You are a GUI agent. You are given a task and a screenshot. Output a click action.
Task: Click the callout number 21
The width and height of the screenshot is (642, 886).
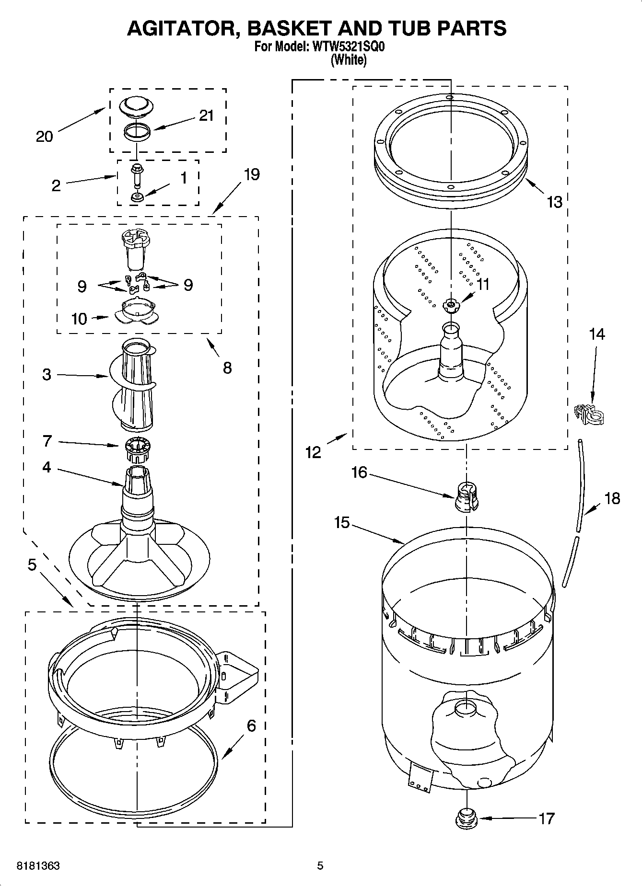(206, 116)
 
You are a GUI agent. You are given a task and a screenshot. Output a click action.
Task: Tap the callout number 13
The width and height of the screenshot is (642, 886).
(554, 202)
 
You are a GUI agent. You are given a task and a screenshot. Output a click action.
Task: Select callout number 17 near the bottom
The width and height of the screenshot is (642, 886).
(547, 818)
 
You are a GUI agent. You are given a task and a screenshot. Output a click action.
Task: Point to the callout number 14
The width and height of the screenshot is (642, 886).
(597, 334)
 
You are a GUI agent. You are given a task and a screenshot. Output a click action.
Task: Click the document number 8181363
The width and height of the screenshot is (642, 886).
(38, 866)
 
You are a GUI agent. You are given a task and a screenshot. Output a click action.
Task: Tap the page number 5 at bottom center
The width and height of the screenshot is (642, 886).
(320, 866)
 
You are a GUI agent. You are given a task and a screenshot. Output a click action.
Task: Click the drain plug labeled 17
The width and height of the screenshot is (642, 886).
(465, 817)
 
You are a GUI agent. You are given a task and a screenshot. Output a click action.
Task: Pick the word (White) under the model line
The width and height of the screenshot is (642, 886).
(349, 60)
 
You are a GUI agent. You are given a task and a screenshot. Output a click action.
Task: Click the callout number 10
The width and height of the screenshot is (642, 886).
(79, 319)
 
